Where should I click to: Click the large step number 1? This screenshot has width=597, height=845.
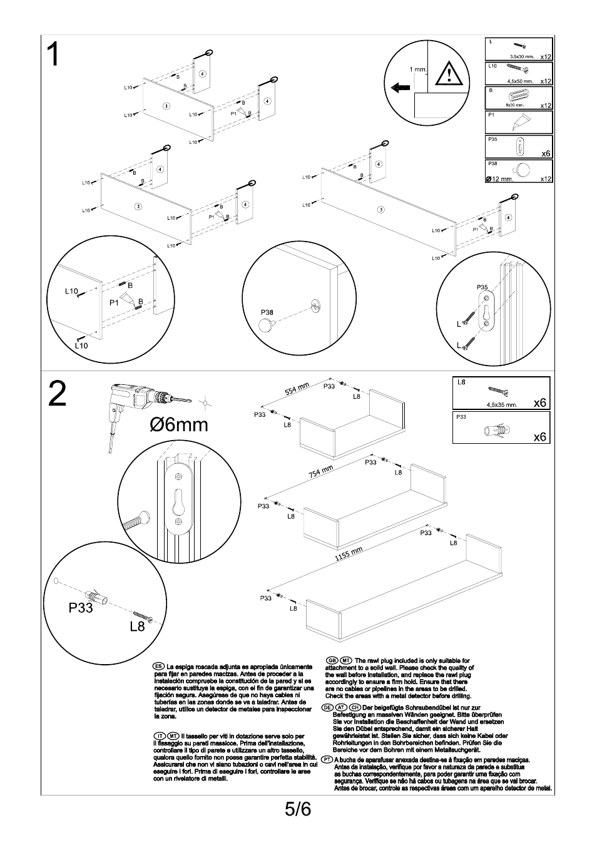(54, 55)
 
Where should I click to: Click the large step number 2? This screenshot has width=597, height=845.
(56, 394)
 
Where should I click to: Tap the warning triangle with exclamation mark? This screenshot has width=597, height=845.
(448, 74)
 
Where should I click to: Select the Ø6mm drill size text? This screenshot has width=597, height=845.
(178, 425)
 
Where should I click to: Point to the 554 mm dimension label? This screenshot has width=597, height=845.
(298, 389)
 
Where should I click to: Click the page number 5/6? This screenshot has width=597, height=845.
(298, 809)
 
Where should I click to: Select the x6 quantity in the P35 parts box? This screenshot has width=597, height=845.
(546, 153)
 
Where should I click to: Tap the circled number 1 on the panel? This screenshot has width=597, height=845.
(166, 105)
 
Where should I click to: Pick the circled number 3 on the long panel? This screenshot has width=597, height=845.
(380, 209)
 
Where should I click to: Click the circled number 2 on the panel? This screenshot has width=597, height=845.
(138, 206)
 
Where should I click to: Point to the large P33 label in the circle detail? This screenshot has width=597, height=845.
(81, 608)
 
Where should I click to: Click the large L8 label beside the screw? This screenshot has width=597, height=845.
(137, 625)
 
